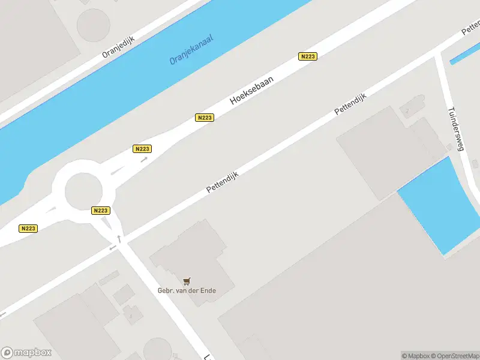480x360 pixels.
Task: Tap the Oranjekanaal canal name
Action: click(x=191, y=49)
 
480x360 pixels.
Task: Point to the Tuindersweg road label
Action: click(x=457, y=129)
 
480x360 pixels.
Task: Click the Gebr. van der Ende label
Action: click(x=187, y=291)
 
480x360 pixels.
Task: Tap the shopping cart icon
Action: click(x=187, y=281)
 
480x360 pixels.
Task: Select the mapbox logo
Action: click(x=26, y=352)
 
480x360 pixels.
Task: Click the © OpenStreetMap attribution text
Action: click(x=454, y=355)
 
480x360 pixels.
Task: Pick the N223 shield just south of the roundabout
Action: click(x=100, y=211)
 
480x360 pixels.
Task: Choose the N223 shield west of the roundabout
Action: click(x=28, y=228)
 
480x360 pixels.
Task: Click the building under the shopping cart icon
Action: click(x=192, y=258)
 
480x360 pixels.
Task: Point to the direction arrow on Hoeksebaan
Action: click(x=144, y=160)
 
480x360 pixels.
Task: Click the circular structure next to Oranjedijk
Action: click(x=94, y=25)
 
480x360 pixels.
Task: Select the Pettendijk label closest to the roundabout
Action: click(x=223, y=182)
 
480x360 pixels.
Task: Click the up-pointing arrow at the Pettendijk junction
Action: click(x=119, y=239)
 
